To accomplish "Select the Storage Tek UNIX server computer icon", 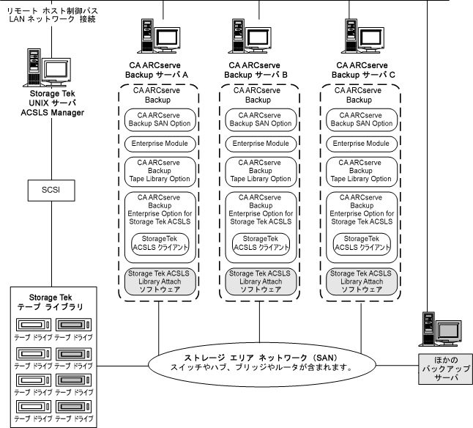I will (x=47, y=68).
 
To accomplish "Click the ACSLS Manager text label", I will (x=47, y=112).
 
